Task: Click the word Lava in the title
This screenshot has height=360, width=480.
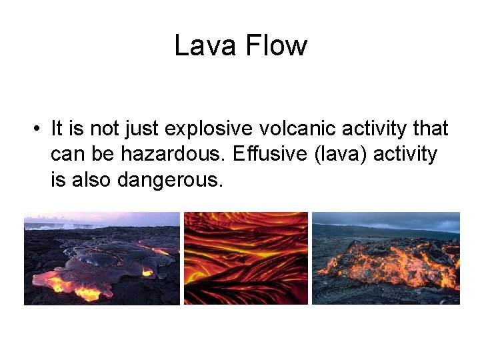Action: coord(205,46)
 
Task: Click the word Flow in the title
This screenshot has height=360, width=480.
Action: coord(276,46)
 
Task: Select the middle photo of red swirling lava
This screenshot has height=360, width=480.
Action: coord(245,259)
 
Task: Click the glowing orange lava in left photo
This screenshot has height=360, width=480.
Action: coord(73,287)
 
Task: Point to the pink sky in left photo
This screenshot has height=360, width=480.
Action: coord(100,219)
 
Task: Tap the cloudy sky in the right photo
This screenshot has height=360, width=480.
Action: coord(393,220)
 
